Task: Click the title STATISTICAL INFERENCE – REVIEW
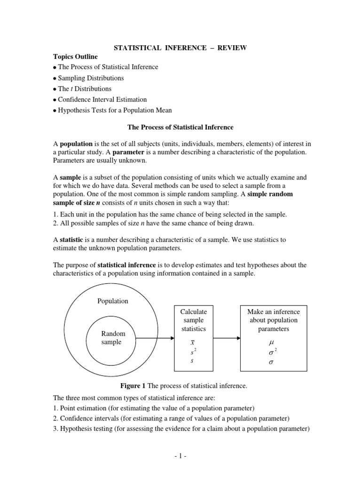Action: tap(180, 48)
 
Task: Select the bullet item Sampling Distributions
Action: tap(91, 78)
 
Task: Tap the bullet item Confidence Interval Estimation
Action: tap(102, 100)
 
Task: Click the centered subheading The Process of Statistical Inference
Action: tap(180, 128)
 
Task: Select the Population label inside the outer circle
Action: tap(112, 301)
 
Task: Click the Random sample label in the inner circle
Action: tap(113, 338)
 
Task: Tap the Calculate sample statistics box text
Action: tap(193, 320)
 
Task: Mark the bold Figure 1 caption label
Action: tap(133, 386)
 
